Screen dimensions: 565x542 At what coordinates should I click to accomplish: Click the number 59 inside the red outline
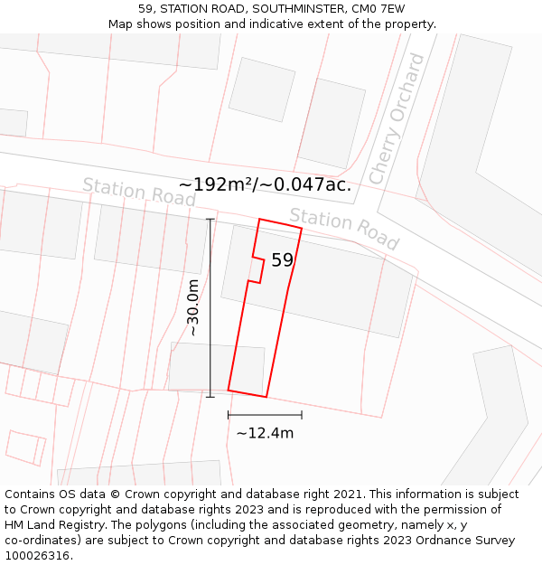[282, 260]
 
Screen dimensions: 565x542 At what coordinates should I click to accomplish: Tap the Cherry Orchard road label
[397, 118]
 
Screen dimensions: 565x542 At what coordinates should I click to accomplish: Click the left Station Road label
[139, 191]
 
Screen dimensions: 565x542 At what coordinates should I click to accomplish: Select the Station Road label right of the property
[343, 229]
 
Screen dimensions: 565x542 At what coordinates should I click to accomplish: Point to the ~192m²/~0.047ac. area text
[265, 185]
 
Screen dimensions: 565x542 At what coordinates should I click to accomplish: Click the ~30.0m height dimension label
[193, 307]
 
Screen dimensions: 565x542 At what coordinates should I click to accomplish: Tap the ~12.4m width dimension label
[265, 433]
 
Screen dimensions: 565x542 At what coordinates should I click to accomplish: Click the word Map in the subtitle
[121, 24]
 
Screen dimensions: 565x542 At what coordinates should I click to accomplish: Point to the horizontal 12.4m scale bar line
[265, 415]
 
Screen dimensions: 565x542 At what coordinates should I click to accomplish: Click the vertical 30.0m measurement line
[210, 307]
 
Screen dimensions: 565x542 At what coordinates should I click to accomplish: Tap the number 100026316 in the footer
[37, 556]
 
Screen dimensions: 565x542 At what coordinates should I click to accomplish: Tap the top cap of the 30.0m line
[210, 219]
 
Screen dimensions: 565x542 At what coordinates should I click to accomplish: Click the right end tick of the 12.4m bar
[302, 415]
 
